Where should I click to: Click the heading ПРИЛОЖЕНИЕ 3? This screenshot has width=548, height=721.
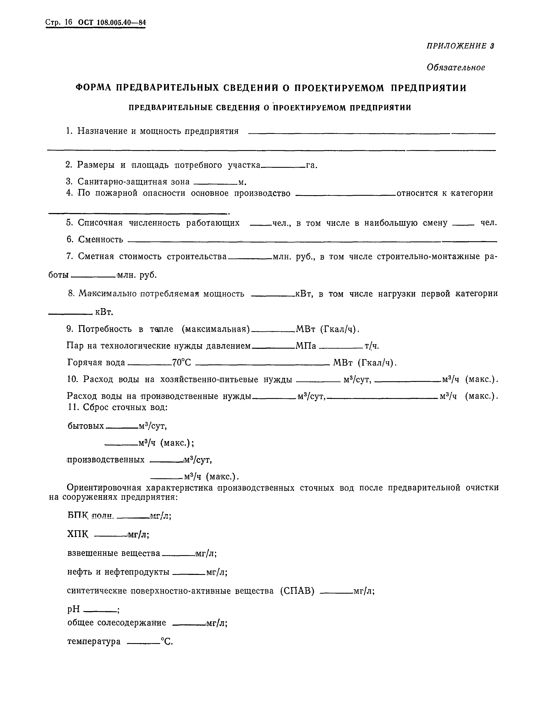460,46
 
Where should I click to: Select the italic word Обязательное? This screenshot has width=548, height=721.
456,68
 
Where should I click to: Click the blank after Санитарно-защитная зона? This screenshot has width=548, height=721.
217,184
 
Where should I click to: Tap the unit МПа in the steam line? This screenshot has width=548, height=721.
306,346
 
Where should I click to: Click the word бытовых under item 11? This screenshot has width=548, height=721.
86,426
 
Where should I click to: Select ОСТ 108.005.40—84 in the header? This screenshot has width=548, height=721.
111,23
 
